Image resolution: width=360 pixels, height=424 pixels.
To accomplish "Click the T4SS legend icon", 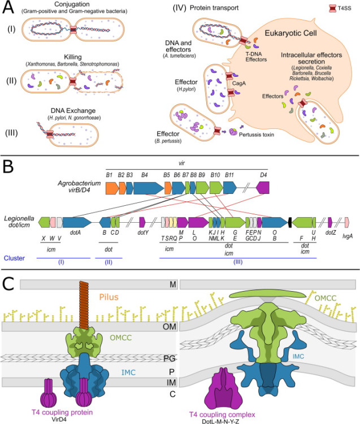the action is click(x=332, y=8).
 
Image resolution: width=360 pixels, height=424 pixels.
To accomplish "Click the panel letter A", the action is click(x=8, y=7).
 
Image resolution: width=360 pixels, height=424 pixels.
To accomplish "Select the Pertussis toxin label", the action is click(x=257, y=135).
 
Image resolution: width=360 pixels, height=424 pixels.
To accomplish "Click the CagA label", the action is click(x=238, y=83).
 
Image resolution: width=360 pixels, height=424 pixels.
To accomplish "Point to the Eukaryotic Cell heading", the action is click(x=290, y=33).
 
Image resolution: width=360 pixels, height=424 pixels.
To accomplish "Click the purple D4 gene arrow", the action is click(x=263, y=188).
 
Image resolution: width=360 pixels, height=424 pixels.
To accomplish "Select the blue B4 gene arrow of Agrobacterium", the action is click(x=149, y=188).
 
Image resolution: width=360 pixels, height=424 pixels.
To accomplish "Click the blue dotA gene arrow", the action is click(x=77, y=222).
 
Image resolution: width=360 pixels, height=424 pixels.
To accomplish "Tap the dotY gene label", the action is click(x=143, y=232).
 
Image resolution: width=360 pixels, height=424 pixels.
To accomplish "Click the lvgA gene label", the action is click(x=348, y=236).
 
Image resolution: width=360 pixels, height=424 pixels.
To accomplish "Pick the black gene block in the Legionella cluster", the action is click(x=290, y=222).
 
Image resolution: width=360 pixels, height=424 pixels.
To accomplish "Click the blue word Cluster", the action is click(x=14, y=258).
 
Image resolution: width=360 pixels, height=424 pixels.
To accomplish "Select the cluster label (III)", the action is click(x=238, y=262).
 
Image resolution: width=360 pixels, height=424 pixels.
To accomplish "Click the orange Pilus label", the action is click(x=109, y=297).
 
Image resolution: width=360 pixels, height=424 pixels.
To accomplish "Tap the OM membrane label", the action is click(x=169, y=327).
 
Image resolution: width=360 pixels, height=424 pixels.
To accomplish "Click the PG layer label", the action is click(x=170, y=358).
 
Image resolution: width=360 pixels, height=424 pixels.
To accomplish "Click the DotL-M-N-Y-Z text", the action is click(x=220, y=421).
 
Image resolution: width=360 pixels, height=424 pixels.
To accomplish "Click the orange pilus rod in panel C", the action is click(x=85, y=305).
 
